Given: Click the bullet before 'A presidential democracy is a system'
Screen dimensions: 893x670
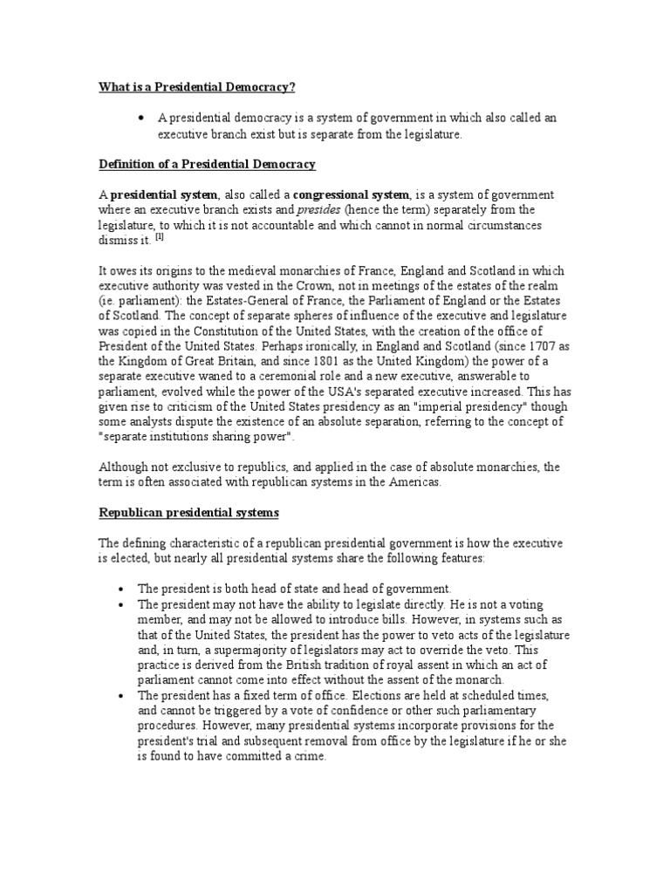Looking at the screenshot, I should (x=140, y=117).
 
